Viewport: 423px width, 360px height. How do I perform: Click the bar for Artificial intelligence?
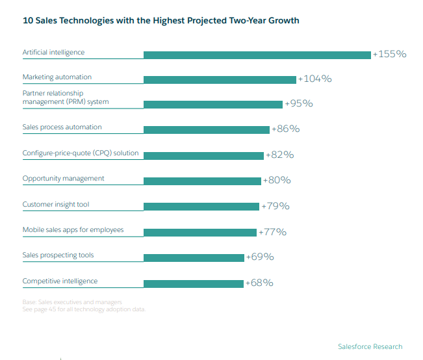click(257, 55)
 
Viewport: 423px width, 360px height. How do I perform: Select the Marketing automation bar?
click(220, 79)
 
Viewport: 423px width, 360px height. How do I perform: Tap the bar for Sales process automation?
click(206, 129)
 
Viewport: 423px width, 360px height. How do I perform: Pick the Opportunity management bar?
click(202, 181)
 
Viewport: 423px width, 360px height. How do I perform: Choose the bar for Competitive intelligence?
click(193, 283)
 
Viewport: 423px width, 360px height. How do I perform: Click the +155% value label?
click(389, 54)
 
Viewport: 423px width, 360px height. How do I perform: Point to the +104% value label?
click(314, 79)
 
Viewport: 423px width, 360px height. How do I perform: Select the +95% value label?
click(299, 103)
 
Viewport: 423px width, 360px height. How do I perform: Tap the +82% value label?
click(280, 155)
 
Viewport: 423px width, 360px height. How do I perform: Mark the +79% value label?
click(275, 206)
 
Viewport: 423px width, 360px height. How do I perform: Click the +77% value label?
click(272, 231)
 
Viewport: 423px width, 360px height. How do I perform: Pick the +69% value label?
click(260, 257)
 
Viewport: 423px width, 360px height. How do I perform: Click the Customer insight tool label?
click(56, 205)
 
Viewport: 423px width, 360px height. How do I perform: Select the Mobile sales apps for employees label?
click(73, 230)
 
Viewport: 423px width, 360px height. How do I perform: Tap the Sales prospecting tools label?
click(58, 255)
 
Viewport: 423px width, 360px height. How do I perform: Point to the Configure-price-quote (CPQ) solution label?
click(81, 153)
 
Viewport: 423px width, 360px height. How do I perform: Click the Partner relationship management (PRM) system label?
click(66, 97)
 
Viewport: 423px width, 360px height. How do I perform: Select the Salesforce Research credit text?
click(370, 346)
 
